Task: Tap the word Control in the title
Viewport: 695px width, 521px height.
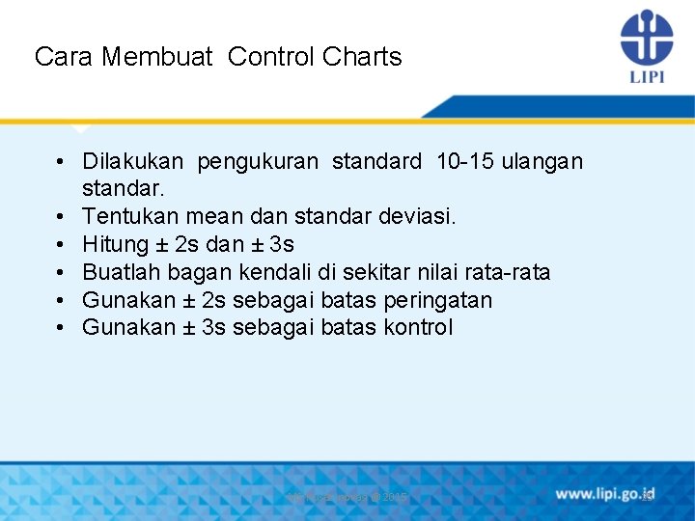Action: pyautogui.click(x=271, y=57)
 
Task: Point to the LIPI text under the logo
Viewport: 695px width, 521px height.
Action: pyautogui.click(x=647, y=77)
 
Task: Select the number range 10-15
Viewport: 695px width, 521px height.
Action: pyautogui.click(x=466, y=161)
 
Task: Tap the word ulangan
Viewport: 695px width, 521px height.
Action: pyautogui.click(x=544, y=161)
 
